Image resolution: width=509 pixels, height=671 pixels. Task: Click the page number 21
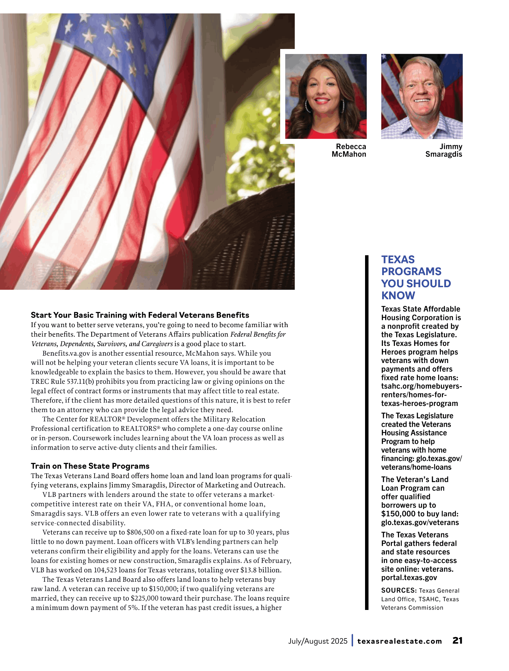(x=457, y=640)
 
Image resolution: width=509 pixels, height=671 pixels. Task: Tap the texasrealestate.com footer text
(x=399, y=641)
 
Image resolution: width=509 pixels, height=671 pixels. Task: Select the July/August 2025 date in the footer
(x=317, y=641)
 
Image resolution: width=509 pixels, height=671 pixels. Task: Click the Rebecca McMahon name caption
(x=349, y=150)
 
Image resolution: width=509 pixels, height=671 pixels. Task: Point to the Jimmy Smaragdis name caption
(x=444, y=150)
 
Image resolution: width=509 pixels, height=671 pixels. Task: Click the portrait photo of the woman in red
(x=325, y=96)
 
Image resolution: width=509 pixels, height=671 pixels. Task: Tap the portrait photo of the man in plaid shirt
(x=422, y=96)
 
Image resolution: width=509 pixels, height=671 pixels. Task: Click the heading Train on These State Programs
(x=90, y=466)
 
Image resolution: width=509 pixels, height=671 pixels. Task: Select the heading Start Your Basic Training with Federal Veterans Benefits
(x=140, y=315)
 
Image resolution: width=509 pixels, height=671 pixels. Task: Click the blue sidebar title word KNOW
(x=398, y=296)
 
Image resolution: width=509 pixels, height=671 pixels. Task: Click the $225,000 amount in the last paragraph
(x=143, y=598)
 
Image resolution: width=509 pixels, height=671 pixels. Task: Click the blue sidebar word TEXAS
(x=398, y=260)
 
